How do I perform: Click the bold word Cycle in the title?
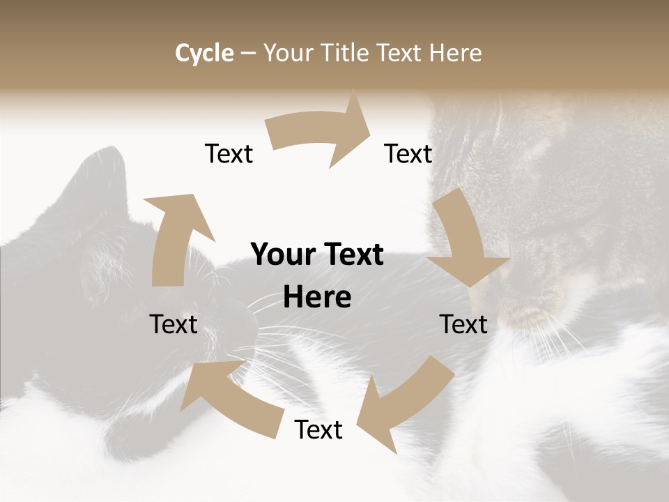coord(204,53)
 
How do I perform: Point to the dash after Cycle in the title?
coord(248,54)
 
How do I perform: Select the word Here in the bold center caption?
coord(317,298)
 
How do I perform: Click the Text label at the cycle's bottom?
coord(318,429)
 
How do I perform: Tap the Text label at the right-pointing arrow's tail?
coord(229,153)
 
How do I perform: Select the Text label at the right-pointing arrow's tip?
coord(408,153)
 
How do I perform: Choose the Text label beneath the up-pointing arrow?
coord(174,324)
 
